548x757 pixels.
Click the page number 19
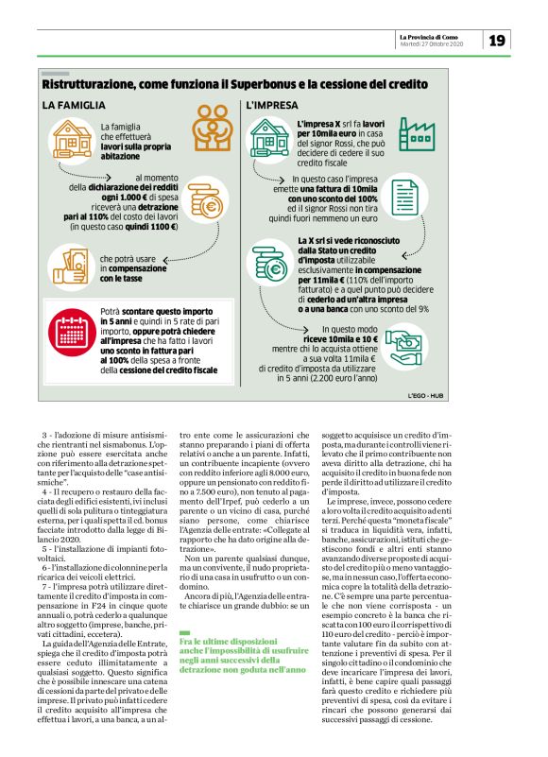click(x=498, y=40)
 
